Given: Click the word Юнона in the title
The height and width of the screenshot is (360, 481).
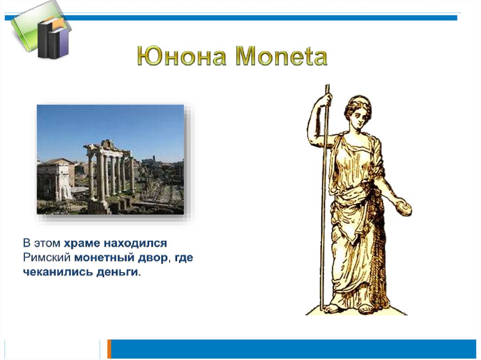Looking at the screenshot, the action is (x=182, y=56).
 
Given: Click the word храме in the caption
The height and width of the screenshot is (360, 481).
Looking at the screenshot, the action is (x=82, y=244).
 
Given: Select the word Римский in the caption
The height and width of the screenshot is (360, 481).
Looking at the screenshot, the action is (x=47, y=257).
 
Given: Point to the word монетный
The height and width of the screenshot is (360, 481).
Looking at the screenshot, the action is (x=104, y=258).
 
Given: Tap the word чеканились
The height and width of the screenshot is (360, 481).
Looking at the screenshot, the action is (x=58, y=272).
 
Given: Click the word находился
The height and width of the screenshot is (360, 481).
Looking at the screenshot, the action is (x=135, y=244).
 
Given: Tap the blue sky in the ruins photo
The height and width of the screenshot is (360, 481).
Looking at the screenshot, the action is (x=110, y=126).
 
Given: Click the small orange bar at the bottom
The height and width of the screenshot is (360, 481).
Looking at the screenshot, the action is (x=109, y=349).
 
